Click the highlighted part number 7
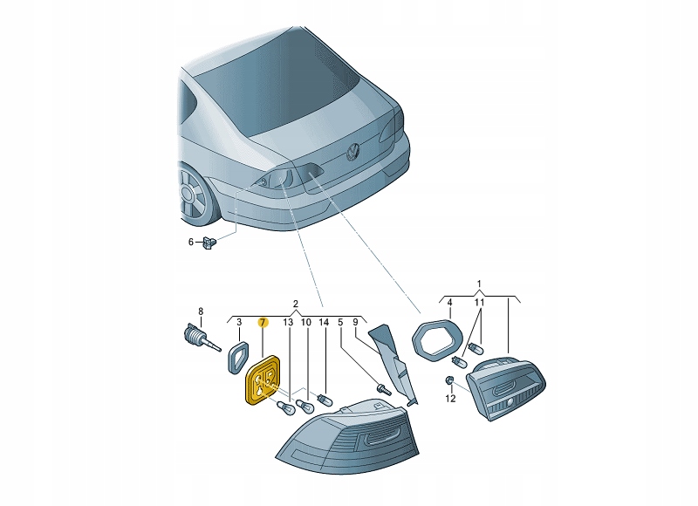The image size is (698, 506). [263, 322]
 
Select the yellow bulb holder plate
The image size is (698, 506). [263, 379]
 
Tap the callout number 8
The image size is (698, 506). [201, 311]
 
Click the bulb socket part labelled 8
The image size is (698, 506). [202, 338]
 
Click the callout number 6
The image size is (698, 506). [191, 243]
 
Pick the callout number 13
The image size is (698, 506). [288, 322]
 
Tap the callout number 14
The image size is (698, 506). [324, 322]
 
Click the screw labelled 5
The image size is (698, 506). [384, 389]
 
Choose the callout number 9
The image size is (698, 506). [355, 322]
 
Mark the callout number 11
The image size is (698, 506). [479, 303]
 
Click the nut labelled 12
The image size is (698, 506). [449, 380]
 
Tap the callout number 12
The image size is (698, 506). [450, 399]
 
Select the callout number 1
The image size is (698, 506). [479, 284]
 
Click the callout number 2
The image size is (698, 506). [296, 304]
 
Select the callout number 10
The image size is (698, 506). [306, 322]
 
